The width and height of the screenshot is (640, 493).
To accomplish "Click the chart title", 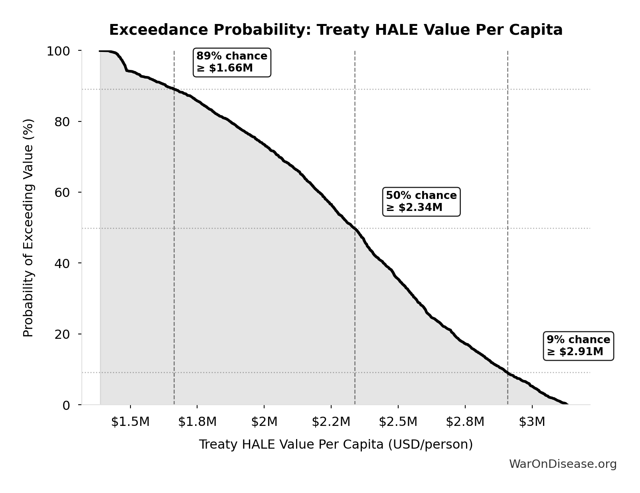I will pos(336,30).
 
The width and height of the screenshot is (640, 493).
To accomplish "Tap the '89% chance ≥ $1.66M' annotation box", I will pos(232,62).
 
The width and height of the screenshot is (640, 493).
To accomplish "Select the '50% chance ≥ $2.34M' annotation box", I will pos(421,201).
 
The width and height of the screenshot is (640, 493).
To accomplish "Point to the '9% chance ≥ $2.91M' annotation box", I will pos(578,346).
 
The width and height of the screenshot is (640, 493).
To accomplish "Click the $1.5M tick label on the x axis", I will pos(130,421).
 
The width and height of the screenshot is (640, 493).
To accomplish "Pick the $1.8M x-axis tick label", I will pos(197,421).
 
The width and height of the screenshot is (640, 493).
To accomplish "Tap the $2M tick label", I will pos(264,421).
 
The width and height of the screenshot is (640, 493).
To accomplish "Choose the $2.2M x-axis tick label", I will pos(331,421).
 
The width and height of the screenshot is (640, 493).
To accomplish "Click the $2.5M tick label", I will pos(398,421).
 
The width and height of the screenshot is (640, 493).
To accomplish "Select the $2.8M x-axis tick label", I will pos(465,421).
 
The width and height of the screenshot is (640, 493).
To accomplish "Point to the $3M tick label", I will pos(531,421).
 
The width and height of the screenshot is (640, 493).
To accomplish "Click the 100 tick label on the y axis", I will pos(58,51).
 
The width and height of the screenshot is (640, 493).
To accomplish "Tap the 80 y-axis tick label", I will pos(62,121).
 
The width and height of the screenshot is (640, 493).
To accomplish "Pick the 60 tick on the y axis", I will pos(62,192).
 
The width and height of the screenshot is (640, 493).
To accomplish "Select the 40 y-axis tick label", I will pos(62,263).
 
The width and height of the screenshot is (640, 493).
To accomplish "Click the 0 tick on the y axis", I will pos(66,405).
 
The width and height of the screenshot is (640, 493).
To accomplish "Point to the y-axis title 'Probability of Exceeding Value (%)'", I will pos(28,228).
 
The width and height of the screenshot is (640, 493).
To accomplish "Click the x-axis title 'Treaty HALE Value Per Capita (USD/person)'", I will pos(336,444).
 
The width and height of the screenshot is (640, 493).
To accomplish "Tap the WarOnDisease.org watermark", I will pos(563,464).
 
